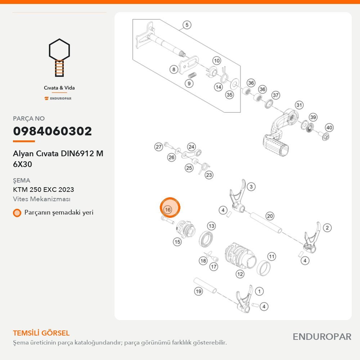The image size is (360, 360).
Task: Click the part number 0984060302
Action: (x=52, y=131)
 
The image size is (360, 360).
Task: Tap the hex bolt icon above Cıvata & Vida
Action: (x=59, y=57)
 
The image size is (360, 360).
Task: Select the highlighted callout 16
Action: (x=170, y=208)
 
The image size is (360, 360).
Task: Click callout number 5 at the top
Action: (x=187, y=25)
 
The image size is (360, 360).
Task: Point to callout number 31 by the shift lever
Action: (x=299, y=105)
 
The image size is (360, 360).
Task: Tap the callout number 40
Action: (x=329, y=128)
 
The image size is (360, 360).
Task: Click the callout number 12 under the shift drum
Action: (x=240, y=274)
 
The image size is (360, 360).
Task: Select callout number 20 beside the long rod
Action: (x=270, y=216)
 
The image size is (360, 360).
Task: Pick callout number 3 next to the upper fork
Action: (x=251, y=186)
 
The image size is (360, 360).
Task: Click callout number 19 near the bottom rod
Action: (x=198, y=291)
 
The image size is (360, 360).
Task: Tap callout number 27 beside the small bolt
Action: (x=159, y=147)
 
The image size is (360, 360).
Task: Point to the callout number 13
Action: (x=211, y=226)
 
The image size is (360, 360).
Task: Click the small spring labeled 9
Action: (x=192, y=75)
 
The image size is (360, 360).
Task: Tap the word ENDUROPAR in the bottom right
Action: (x=322, y=337)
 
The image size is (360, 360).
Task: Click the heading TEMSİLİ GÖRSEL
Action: (x=41, y=333)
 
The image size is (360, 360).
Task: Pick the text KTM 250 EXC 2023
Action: (x=44, y=190)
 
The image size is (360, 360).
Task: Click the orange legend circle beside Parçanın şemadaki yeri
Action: (x=17, y=213)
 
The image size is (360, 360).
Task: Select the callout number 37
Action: (x=275, y=95)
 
